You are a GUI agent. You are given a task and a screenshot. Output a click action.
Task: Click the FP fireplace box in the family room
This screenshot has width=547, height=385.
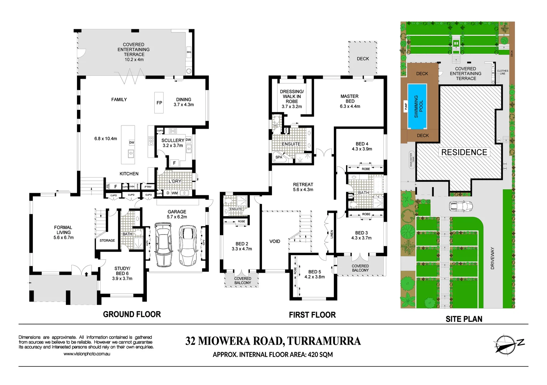(159, 103)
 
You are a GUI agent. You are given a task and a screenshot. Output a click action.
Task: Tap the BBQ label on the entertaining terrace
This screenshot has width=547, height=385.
(189, 52)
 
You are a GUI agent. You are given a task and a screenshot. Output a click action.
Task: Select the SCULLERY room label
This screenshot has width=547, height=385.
(173, 140)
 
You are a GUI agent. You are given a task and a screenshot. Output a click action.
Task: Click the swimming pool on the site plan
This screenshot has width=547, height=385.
(417, 106)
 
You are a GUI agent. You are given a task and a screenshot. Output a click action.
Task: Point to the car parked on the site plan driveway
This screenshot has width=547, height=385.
(459, 206)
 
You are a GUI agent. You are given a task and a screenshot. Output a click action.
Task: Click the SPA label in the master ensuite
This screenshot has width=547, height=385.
(279, 157)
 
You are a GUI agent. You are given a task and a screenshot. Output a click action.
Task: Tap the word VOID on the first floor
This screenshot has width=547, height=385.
(274, 241)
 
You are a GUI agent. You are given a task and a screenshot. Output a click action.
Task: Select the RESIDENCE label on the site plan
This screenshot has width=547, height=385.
(464, 152)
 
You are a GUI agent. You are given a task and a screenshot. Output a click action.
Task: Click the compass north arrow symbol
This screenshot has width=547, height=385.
(506, 344)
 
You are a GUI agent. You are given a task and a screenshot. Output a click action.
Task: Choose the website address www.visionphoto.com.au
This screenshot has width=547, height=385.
(87, 354)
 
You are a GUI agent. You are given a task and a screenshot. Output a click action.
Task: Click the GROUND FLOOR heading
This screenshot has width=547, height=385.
(132, 314)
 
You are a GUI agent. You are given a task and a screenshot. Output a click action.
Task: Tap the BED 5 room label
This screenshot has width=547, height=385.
(314, 272)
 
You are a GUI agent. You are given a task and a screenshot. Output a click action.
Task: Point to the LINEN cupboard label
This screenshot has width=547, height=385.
(332, 234)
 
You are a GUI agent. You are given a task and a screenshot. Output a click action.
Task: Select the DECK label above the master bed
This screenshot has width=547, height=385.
(363, 59)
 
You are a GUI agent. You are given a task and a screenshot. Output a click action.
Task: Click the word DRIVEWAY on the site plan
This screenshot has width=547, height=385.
(492, 258)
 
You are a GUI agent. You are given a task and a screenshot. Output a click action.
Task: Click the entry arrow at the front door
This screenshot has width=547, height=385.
(86, 273)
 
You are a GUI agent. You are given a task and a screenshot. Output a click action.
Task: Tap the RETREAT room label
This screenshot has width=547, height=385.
(303, 185)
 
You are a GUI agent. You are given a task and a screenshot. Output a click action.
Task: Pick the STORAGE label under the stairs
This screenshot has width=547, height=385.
(107, 241)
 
